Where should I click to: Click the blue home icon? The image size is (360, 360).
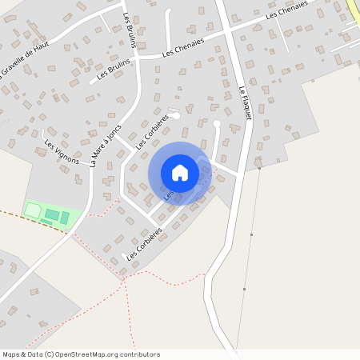180,173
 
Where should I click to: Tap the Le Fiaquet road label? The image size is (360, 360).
245,103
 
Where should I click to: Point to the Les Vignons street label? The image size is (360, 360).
62,151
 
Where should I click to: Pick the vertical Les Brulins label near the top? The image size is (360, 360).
129,30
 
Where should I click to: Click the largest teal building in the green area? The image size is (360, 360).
51,214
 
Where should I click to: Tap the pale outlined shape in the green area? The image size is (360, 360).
34,210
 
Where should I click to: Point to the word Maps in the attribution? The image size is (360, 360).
11,354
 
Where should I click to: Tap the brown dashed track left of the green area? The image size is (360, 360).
12,216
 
